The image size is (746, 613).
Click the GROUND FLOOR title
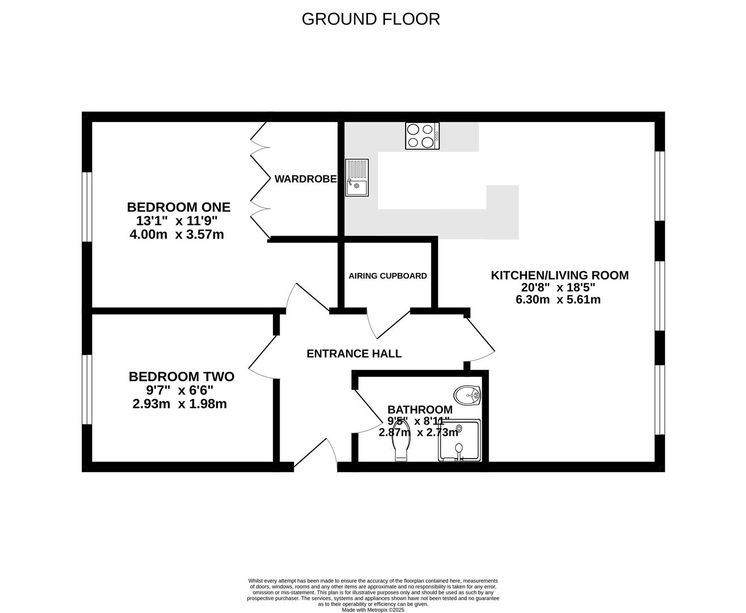point(370,19)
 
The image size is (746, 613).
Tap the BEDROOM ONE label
point(179,207)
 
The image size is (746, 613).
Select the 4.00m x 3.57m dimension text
point(177,234)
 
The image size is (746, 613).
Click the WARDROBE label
point(305,179)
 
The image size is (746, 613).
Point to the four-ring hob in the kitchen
point(422,136)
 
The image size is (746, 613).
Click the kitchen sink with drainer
point(357,178)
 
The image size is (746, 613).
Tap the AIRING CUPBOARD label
point(387,276)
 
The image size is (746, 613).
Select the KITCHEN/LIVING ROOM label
point(559,275)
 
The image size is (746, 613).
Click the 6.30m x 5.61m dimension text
point(558,300)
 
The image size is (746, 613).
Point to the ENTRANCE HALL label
point(354,354)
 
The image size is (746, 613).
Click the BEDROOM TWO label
point(181,376)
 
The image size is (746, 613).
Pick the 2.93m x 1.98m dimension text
point(179,404)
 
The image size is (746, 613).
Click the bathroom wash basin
point(468,394)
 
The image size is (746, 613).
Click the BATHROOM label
point(420,409)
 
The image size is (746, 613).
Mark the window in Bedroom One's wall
point(87,207)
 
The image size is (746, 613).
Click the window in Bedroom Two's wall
point(87,389)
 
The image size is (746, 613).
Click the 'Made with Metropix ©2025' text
point(373,610)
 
